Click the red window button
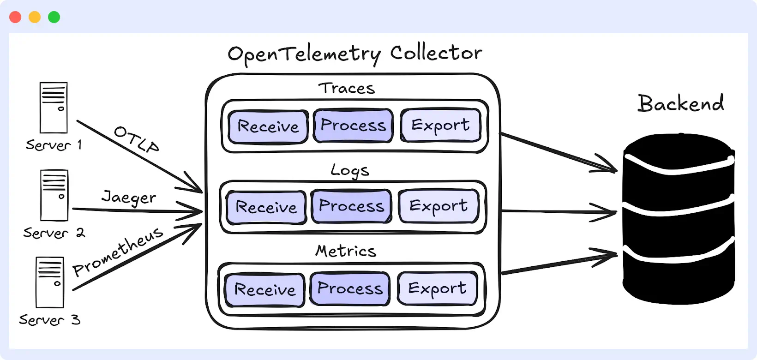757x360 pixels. pyautogui.click(x=15, y=17)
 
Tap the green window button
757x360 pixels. pyautogui.click(x=54, y=17)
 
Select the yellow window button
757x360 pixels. pyautogui.click(x=35, y=17)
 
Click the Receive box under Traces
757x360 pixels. pyautogui.click(x=268, y=126)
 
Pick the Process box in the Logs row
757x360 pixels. pyautogui.click(x=351, y=206)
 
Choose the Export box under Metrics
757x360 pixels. pyautogui.click(x=437, y=289)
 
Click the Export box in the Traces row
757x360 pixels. pyautogui.click(x=440, y=126)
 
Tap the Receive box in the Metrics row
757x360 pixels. pyautogui.click(x=265, y=290)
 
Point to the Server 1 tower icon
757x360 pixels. pyautogui.click(x=54, y=108)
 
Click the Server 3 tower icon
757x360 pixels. pyautogui.click(x=50, y=282)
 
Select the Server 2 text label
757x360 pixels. pyautogui.click(x=54, y=233)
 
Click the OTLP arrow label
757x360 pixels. pyautogui.click(x=137, y=139)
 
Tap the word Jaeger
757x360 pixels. pyautogui.click(x=129, y=198)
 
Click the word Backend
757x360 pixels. pyautogui.click(x=681, y=103)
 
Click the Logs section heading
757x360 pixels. pyautogui.click(x=350, y=170)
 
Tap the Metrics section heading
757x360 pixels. pyautogui.click(x=346, y=251)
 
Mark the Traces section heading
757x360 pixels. pyautogui.click(x=347, y=88)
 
